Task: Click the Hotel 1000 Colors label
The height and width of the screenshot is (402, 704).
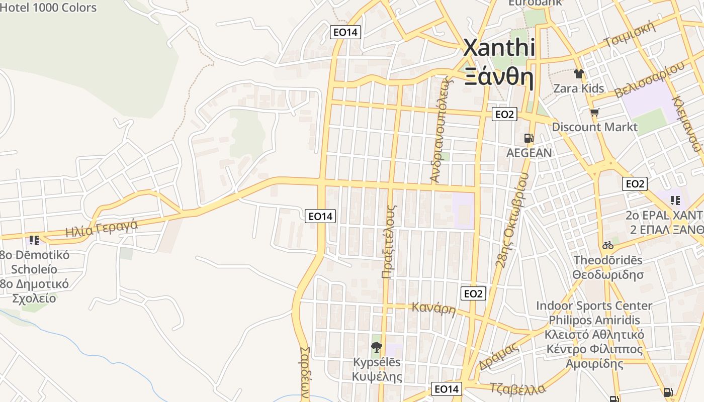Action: pos(48,8)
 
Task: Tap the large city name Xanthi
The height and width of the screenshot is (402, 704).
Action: pos(498,48)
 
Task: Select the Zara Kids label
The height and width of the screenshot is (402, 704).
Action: pos(578,88)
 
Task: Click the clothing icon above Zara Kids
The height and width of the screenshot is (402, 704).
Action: pos(578,74)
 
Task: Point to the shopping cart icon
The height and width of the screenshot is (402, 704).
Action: pos(594,112)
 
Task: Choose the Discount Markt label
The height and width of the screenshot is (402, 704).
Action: pos(594,127)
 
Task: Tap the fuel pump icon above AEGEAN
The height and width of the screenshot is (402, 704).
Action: pos(529,138)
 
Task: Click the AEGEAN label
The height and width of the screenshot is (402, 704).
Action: pos(529,153)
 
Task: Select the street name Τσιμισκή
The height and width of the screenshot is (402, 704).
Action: pos(630,34)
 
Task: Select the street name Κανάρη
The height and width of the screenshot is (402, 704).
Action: pos(433,308)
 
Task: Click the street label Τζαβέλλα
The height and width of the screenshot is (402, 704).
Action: pos(517,388)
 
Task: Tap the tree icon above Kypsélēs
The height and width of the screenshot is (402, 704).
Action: pos(376,347)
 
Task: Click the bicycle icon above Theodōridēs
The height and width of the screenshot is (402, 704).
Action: pos(608,245)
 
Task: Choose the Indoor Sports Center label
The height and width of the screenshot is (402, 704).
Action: pos(594,306)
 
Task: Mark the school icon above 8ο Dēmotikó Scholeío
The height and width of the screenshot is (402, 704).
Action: pos(34,240)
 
